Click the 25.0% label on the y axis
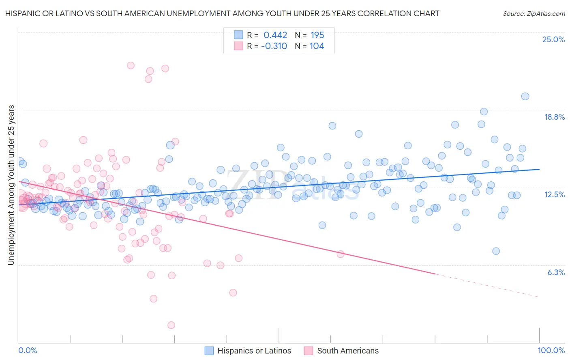coord(553,39)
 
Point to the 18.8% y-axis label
coord(554,117)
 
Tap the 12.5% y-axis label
coord(554,194)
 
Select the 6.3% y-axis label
coord(556,272)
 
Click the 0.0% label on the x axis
coord(28,350)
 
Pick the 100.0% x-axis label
coord(551,350)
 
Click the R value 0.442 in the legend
coord(275,35)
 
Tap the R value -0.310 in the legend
coord(274,46)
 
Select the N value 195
coord(317,35)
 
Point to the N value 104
coord(317,46)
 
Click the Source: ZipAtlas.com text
coord(534,13)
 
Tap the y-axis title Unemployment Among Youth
coord(11,185)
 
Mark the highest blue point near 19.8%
coord(525,96)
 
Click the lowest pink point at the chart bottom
coord(171,325)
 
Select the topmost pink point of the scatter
coord(131,65)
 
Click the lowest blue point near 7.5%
coord(496,251)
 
